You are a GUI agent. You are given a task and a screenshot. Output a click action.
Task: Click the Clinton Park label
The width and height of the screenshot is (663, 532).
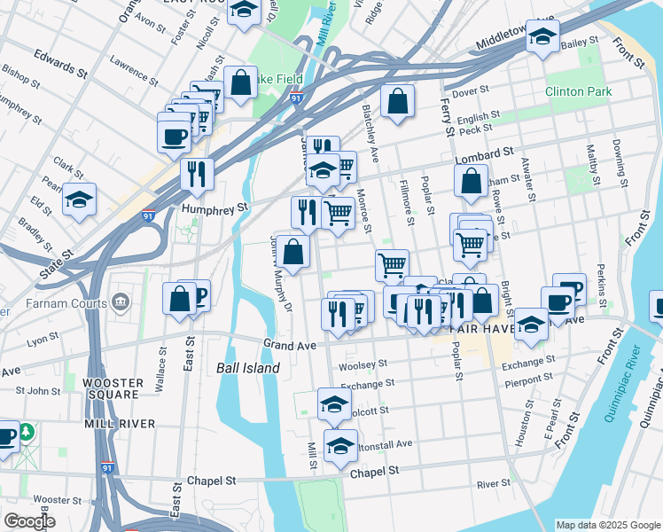579,91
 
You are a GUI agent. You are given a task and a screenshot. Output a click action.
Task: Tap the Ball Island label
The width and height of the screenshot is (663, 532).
248,368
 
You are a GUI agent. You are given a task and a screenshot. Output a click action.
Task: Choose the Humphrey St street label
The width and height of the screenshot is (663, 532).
213,208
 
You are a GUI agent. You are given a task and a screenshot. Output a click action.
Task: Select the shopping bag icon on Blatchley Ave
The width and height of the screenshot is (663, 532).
398,101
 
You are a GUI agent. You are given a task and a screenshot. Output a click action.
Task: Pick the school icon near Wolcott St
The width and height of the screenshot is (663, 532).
334,403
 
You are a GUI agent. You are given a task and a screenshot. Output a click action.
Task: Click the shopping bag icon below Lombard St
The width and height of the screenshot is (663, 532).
471,181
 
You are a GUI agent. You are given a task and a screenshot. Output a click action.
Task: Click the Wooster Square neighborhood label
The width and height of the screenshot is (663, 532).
113,388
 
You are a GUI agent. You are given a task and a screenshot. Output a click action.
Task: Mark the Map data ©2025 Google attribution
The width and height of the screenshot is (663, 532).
606,525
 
